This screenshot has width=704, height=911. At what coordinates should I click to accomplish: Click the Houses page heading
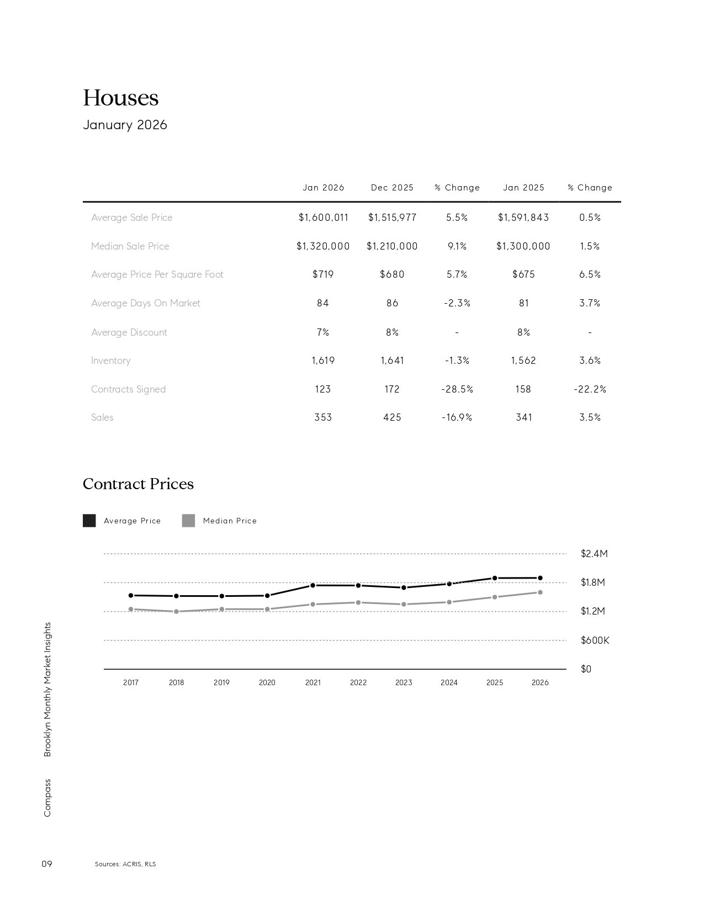pyautogui.click(x=120, y=98)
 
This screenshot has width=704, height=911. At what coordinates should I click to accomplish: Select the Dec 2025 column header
pyautogui.click(x=392, y=188)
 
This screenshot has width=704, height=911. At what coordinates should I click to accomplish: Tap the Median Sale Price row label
pyautogui.click(x=130, y=246)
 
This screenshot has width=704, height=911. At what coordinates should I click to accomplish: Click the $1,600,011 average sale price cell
pyautogui.click(x=324, y=218)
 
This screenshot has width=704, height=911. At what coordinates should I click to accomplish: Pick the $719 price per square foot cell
pyautogui.click(x=323, y=274)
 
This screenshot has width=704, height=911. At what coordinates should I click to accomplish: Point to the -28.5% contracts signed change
pyautogui.click(x=457, y=389)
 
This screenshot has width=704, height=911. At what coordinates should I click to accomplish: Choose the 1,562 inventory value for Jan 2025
pyautogui.click(x=523, y=361)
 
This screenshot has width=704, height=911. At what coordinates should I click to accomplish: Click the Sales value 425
pyautogui.click(x=392, y=417)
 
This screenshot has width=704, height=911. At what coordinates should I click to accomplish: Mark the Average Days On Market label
pyautogui.click(x=146, y=303)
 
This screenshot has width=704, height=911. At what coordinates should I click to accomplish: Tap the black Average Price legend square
pyautogui.click(x=89, y=521)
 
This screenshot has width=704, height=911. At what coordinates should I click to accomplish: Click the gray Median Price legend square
pyautogui.click(x=188, y=521)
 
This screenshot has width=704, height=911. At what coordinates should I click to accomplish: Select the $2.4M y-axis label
pyautogui.click(x=594, y=554)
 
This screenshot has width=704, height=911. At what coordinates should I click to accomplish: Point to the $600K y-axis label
pyautogui.click(x=595, y=640)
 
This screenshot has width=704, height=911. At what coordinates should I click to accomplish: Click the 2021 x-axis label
pyautogui.click(x=313, y=682)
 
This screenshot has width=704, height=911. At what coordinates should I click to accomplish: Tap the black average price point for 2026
pyautogui.click(x=540, y=578)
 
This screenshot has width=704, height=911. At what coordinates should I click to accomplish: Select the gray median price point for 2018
pyautogui.click(x=176, y=612)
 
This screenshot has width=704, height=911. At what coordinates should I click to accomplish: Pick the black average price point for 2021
pyautogui.click(x=313, y=585)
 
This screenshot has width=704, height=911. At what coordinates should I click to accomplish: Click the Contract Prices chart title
pyautogui.click(x=138, y=484)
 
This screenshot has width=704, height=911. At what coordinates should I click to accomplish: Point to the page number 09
pyautogui.click(x=47, y=864)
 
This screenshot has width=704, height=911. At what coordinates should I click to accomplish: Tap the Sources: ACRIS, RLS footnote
pyautogui.click(x=125, y=864)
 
